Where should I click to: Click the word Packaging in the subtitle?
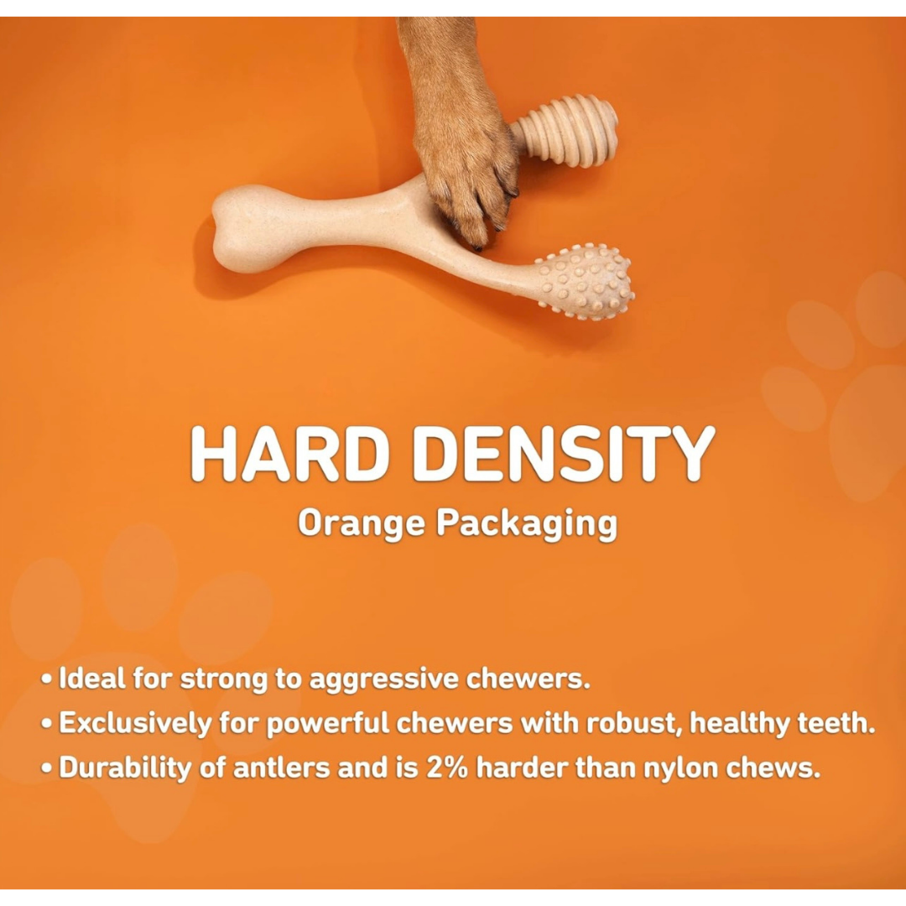tap(526, 524)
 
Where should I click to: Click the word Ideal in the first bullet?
tap(92, 679)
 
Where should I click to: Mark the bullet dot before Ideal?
tap(49, 679)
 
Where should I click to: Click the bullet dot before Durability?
tap(49, 769)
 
